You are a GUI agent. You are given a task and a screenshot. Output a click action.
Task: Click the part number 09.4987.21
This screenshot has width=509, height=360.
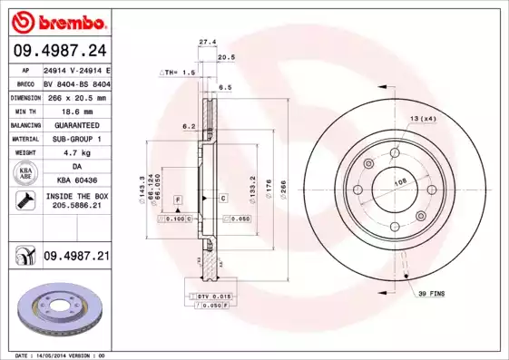point(77,257)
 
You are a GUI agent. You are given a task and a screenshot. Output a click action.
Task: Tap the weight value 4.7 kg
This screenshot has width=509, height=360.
point(77,153)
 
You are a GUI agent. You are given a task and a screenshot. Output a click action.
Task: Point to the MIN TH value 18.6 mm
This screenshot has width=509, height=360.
point(77,111)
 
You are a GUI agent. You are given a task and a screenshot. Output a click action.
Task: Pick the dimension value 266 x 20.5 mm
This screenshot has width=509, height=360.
point(77,97)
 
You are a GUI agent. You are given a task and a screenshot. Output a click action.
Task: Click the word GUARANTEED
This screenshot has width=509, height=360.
point(77,125)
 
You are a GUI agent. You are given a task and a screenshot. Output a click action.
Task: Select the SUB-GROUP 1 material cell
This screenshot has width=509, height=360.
point(77,139)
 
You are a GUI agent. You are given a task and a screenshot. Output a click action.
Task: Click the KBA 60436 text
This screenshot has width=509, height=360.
point(77,181)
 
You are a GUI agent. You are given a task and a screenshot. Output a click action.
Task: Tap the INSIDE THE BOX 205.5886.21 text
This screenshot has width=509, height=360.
point(77,201)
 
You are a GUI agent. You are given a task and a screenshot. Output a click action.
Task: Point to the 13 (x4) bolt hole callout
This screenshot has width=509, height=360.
point(423,120)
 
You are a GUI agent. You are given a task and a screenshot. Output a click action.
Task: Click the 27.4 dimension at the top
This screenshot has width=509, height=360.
point(207,42)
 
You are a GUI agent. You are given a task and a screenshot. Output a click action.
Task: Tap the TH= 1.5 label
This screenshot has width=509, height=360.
point(178,72)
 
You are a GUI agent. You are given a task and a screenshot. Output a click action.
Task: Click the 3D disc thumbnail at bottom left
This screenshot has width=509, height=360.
point(59,313)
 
